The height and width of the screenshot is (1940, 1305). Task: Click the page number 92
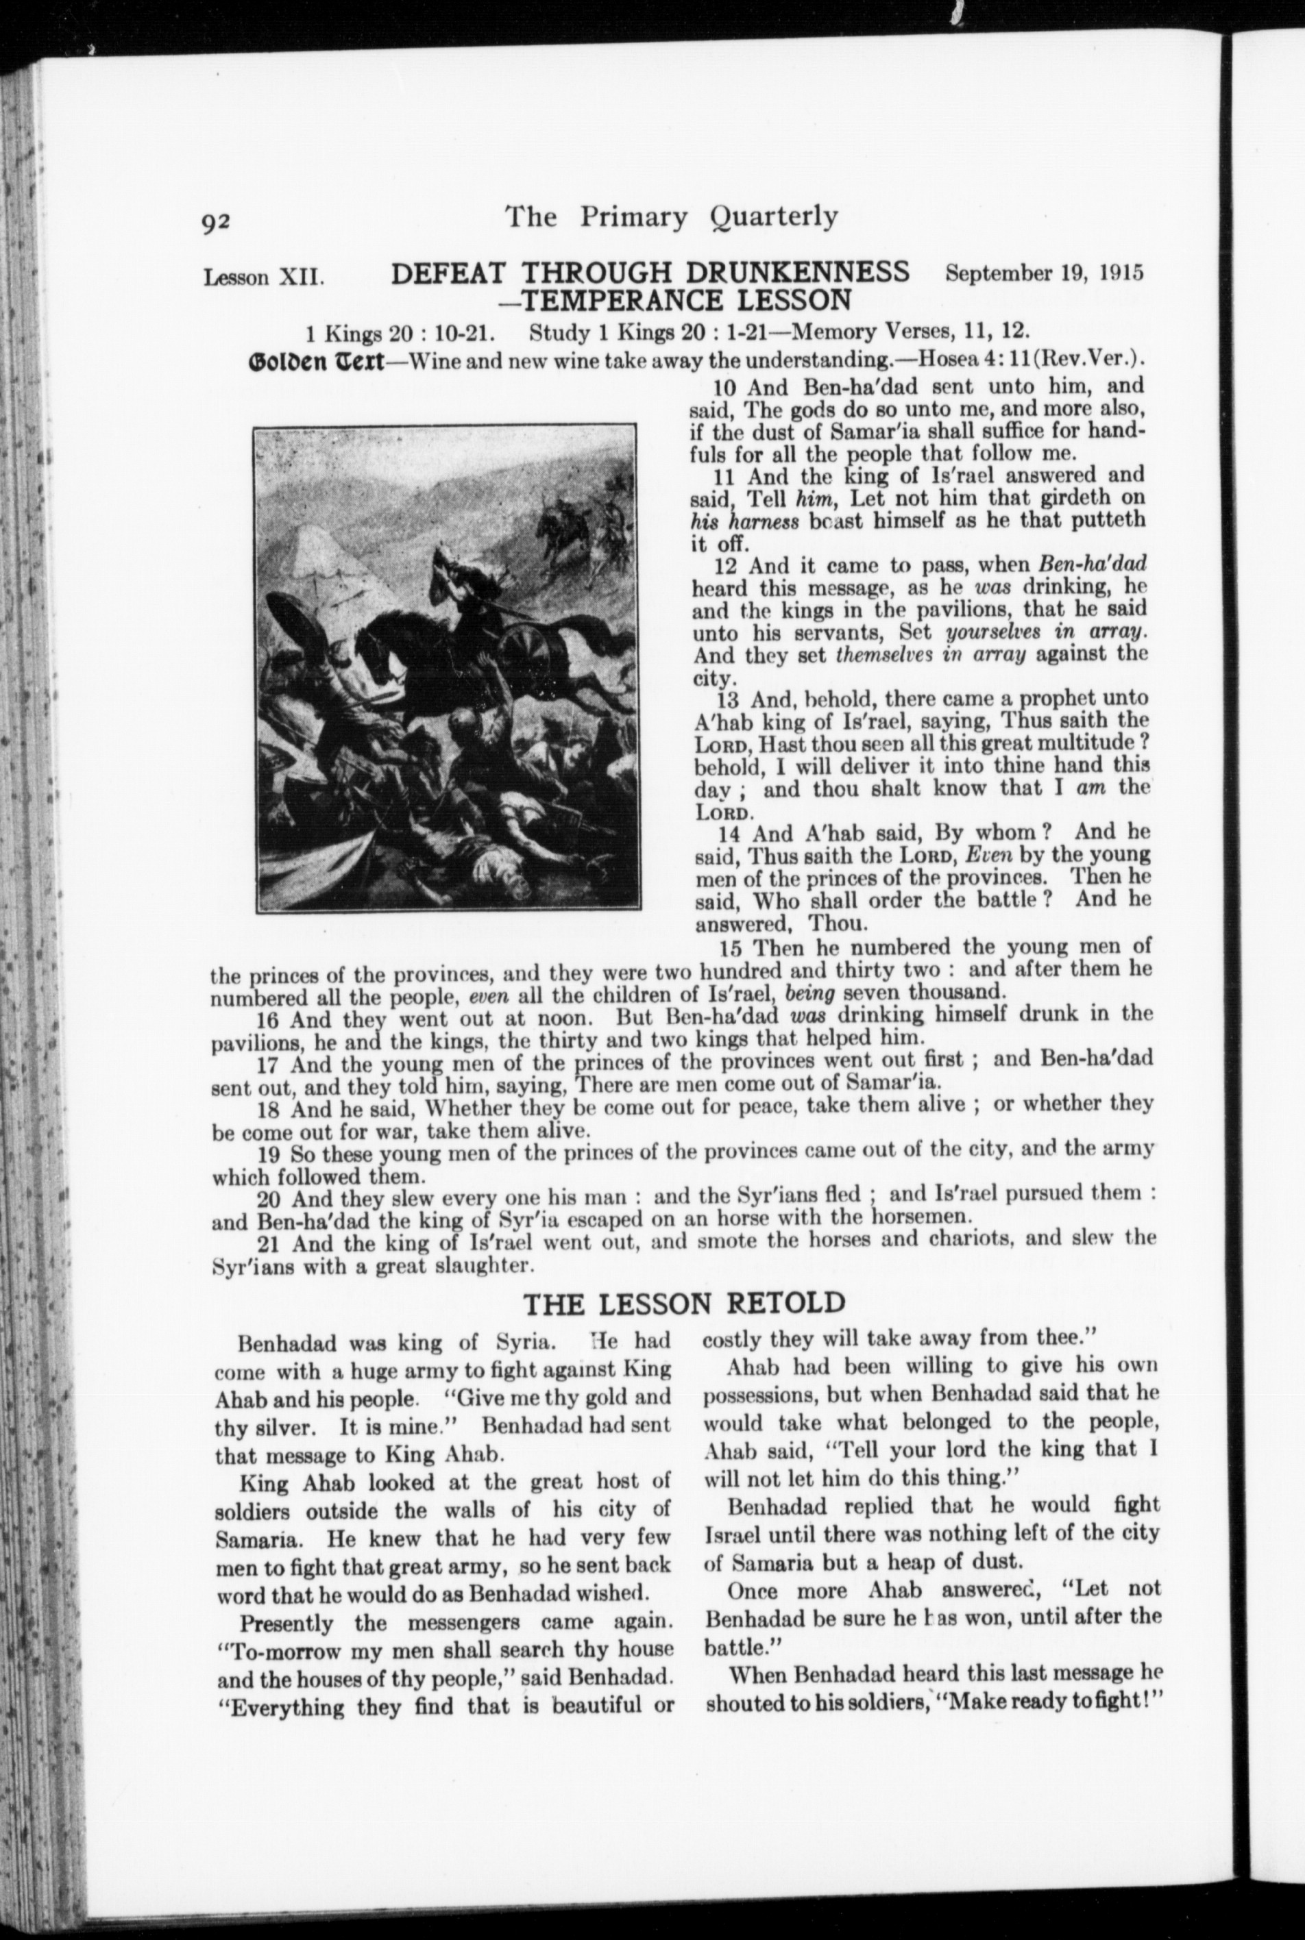(221, 222)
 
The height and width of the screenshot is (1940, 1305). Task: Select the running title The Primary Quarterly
(671, 216)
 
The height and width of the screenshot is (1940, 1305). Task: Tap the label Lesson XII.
(263, 276)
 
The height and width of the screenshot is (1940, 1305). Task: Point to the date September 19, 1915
(1044, 273)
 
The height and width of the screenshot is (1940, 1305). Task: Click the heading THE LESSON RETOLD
(683, 1302)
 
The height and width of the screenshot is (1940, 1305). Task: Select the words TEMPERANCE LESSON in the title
(685, 299)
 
